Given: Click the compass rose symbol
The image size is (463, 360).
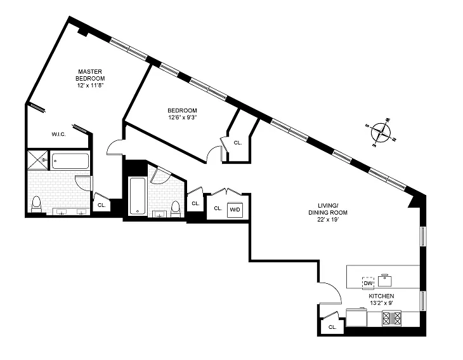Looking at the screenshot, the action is pos(381,133).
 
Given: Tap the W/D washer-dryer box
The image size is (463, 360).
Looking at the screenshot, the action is pos(235,210).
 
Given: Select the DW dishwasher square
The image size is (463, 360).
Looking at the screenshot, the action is pos(368,283).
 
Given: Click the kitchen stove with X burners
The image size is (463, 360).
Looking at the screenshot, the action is pos(391,318).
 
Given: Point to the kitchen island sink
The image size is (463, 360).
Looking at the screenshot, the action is pos(385,281).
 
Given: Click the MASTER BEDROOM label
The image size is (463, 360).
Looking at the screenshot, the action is pos(90,75).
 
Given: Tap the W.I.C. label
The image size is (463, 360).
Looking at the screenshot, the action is pos(59,134).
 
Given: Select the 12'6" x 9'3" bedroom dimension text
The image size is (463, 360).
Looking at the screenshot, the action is pos(182,117).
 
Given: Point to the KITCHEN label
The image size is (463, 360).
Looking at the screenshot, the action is pos(381,296).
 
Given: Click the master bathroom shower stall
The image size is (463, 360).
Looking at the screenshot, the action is pos(37,160).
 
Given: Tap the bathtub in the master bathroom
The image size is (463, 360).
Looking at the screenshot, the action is pos(70,161).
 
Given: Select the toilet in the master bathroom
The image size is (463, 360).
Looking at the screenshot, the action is pos(36,204).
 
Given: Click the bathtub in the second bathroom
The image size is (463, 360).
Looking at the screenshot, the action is pos(137,196).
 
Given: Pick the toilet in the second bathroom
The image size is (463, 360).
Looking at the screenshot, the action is pos(176,209).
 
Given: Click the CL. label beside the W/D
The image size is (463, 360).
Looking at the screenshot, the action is pos(218,208).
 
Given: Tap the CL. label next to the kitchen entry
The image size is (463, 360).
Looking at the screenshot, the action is pos(332,327).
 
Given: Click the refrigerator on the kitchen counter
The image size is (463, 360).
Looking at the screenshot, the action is pos(356,317).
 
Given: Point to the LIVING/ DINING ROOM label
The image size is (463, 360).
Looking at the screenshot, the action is pos(328,209).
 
